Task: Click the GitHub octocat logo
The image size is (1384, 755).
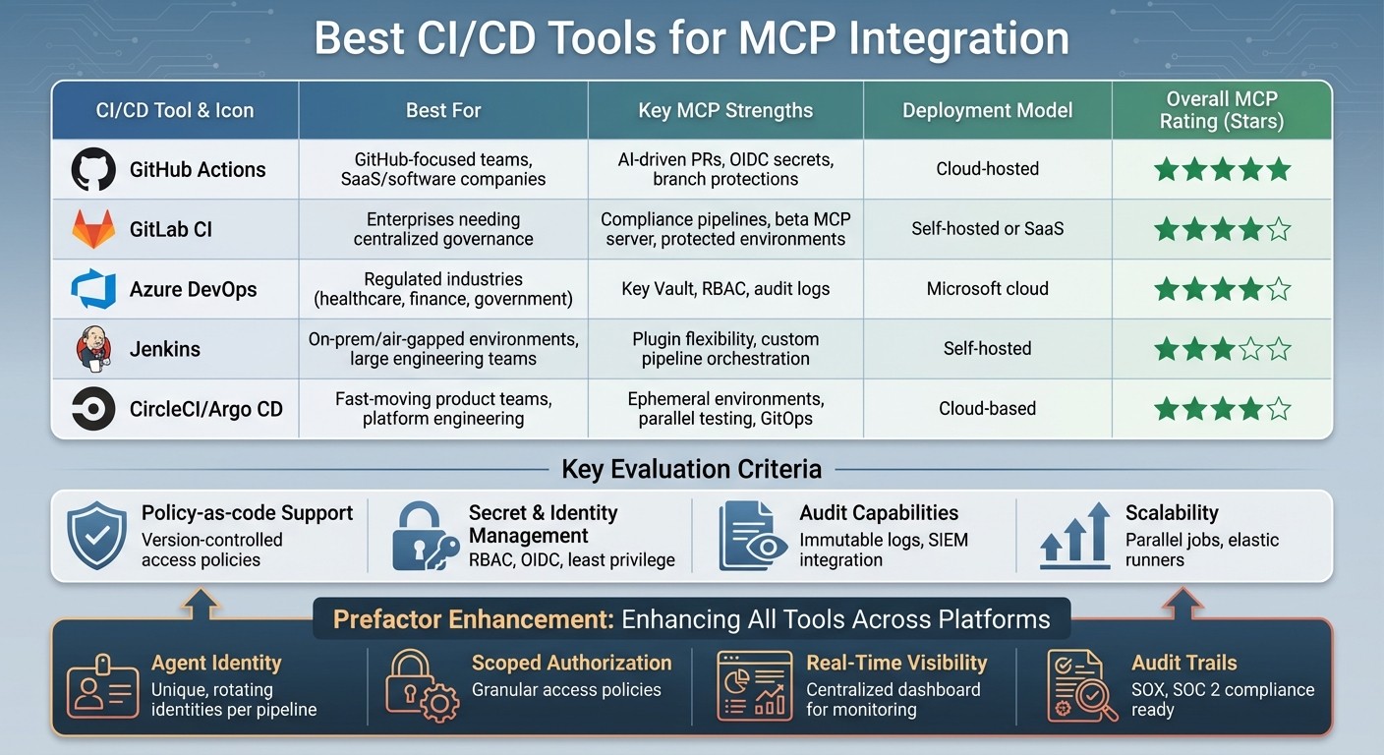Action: [93, 169]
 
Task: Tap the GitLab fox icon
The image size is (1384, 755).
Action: [93, 229]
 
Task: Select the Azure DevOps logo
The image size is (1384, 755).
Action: [93, 289]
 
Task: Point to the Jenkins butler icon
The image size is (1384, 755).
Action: [93, 349]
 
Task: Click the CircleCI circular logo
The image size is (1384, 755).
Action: [93, 409]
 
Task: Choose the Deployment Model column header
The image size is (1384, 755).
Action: [987, 110]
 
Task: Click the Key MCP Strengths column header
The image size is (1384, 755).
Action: [725, 110]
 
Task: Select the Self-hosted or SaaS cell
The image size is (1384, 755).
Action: [987, 229]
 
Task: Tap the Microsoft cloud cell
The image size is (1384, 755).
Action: [987, 289]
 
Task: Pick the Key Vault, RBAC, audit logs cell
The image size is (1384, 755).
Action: [725, 289]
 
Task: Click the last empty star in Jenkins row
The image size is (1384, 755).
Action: [1278, 349]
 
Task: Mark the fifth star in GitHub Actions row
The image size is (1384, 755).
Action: [1278, 169]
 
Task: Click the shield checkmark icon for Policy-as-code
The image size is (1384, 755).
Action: [96, 536]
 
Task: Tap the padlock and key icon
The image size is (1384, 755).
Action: [424, 537]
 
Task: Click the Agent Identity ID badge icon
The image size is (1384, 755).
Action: [101, 685]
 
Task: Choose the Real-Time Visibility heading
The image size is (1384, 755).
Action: [896, 663]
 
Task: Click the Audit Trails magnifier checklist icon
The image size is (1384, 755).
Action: [1079, 685]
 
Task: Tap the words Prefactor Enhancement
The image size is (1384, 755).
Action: [473, 619]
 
